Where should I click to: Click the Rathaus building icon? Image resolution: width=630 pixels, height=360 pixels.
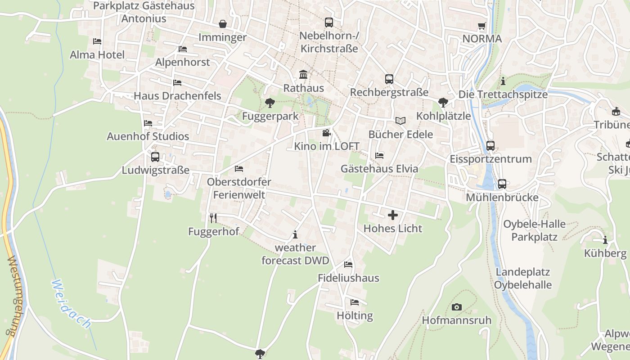point(303,74)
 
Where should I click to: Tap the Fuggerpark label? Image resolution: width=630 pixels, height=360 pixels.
point(270,116)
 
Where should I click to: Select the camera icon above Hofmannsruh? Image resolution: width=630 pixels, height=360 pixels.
point(456,307)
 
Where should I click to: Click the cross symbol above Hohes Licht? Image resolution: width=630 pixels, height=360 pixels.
point(393,215)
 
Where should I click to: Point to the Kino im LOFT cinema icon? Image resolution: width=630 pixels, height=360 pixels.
point(326,133)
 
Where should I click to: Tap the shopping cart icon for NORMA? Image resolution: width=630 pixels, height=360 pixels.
point(482,26)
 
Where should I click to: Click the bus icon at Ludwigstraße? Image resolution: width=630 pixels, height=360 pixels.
point(155,157)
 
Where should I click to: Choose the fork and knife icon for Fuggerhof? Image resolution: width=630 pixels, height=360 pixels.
point(213,218)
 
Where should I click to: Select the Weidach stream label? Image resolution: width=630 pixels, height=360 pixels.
point(71,304)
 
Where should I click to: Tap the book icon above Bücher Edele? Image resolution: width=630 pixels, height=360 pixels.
point(400,121)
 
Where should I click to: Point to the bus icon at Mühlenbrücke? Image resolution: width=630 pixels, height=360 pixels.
point(502,184)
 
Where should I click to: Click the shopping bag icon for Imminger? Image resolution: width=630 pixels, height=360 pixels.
point(222,23)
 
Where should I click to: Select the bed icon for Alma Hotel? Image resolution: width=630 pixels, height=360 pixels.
point(97,41)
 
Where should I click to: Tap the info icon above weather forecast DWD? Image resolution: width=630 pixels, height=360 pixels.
point(295,234)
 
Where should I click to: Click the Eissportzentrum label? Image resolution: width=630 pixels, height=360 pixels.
point(490,159)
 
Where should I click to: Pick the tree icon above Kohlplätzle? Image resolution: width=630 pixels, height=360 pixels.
point(443,102)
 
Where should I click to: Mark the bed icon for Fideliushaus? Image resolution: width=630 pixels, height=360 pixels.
point(348,264)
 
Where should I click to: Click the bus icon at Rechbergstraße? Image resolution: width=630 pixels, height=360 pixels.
point(389,79)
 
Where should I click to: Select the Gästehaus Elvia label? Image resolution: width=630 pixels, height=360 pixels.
point(379,169)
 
